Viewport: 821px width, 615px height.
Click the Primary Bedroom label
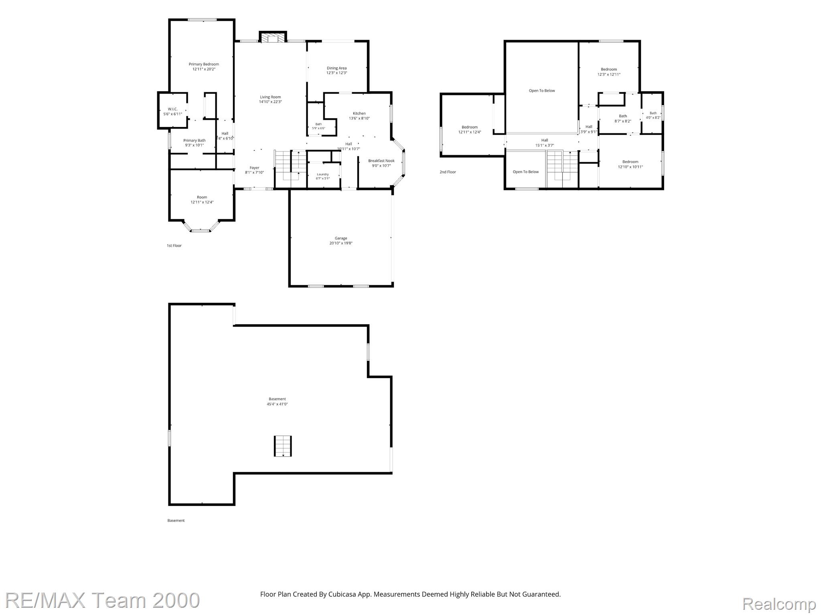pyautogui.click(x=204, y=64)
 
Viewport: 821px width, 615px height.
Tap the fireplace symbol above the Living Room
pyautogui.click(x=273, y=38)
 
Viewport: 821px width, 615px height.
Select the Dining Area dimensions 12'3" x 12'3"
pyautogui.click(x=337, y=73)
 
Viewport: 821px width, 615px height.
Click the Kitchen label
pyautogui.click(x=359, y=113)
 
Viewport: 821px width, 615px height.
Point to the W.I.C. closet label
pyautogui.click(x=172, y=109)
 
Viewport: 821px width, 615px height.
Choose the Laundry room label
pyautogui.click(x=323, y=174)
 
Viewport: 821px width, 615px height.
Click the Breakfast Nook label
pyautogui.click(x=381, y=161)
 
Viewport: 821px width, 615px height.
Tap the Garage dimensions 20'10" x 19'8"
pyautogui.click(x=341, y=243)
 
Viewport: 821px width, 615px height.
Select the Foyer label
pyautogui.click(x=254, y=168)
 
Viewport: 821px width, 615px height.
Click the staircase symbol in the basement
pyautogui.click(x=283, y=446)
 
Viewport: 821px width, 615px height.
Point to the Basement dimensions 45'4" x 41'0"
pyautogui.click(x=277, y=404)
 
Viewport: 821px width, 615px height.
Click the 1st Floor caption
pyautogui.click(x=174, y=246)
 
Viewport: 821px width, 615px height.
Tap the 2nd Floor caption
pyautogui.click(x=448, y=172)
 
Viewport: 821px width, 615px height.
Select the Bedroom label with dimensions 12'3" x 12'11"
pyautogui.click(x=609, y=69)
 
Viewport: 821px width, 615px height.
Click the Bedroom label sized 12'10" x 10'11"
pyautogui.click(x=630, y=162)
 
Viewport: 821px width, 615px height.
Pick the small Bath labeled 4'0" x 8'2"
pyautogui.click(x=653, y=113)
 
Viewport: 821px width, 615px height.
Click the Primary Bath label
pyautogui.click(x=195, y=140)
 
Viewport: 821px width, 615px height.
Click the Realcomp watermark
pyautogui.click(x=779, y=604)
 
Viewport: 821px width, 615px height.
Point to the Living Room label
pyautogui.click(x=270, y=97)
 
